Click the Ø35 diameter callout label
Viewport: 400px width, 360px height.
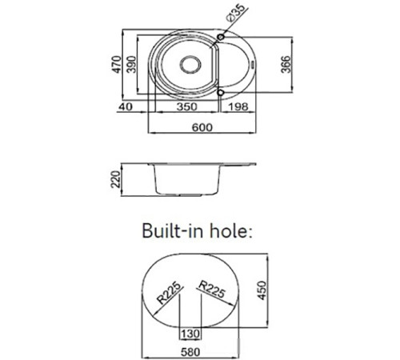click(x=235, y=13)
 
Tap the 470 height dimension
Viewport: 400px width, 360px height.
click(x=117, y=64)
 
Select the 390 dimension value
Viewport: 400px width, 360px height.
click(x=131, y=64)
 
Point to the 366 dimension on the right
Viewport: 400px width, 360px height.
click(x=286, y=64)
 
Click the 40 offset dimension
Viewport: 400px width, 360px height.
click(x=126, y=106)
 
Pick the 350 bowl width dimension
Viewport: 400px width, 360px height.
click(x=187, y=106)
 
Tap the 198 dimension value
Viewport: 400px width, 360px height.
click(x=238, y=106)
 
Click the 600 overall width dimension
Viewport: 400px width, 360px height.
click(x=202, y=127)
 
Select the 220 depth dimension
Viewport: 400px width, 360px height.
click(x=116, y=179)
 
